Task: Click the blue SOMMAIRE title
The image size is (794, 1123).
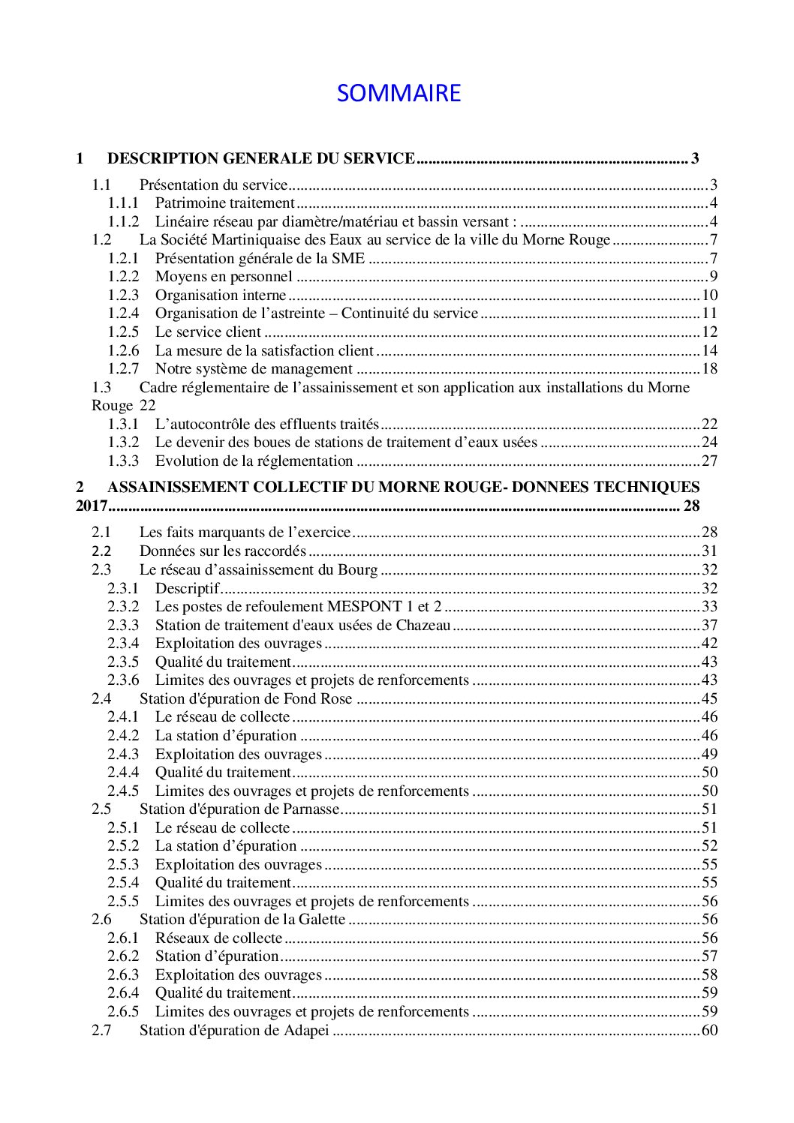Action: click(x=399, y=93)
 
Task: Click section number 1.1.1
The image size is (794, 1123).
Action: click(x=122, y=203)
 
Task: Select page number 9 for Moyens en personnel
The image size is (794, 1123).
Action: click(x=714, y=277)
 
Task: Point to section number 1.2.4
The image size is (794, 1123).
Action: click(x=122, y=314)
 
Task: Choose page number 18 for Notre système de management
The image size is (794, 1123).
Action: click(x=709, y=369)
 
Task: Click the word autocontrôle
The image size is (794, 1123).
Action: click(x=201, y=425)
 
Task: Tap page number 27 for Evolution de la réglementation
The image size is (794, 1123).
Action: click(x=709, y=461)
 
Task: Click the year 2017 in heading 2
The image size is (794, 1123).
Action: click(x=92, y=506)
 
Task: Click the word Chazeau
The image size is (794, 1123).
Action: click(x=423, y=626)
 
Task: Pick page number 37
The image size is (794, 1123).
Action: click(x=709, y=626)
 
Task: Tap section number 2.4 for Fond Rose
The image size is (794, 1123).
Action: click(x=101, y=699)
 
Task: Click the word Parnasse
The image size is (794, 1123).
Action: click(x=311, y=809)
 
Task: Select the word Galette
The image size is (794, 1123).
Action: click(x=321, y=920)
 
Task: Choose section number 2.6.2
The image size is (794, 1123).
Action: click(x=122, y=956)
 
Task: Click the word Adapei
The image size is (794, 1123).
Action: click(x=306, y=1031)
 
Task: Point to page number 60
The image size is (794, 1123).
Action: click(x=709, y=1031)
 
